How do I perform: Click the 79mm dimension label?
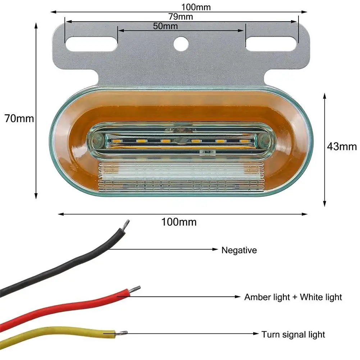[181, 17]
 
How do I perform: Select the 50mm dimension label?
[165, 26]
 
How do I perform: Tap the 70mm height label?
[19, 118]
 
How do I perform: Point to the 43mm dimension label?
[342, 146]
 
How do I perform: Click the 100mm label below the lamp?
[179, 222]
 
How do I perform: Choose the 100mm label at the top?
[196, 7]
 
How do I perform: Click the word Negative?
[239, 250]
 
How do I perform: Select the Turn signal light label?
[293, 334]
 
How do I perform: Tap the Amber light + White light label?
[293, 297]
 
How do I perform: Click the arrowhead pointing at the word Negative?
[216, 249]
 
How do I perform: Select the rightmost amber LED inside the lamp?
[245, 141]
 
